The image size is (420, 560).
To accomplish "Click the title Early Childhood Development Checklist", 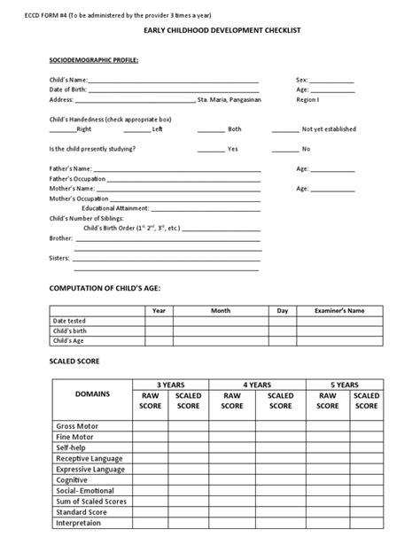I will pyautogui.click(x=209, y=31).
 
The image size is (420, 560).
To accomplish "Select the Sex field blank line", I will pyautogui.click(x=331, y=80).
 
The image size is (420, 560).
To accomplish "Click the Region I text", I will pyautogui.click(x=307, y=100).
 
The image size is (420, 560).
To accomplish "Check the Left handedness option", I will pyautogui.click(x=157, y=129).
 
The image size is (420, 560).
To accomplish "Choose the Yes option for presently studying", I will pyautogui.click(x=232, y=149).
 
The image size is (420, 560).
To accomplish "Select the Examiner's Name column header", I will pyautogui.click(x=339, y=311).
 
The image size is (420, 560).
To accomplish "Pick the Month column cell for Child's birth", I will pyautogui.click(x=220, y=331).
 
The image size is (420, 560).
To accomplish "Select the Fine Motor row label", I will pyautogui.click(x=76, y=437).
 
